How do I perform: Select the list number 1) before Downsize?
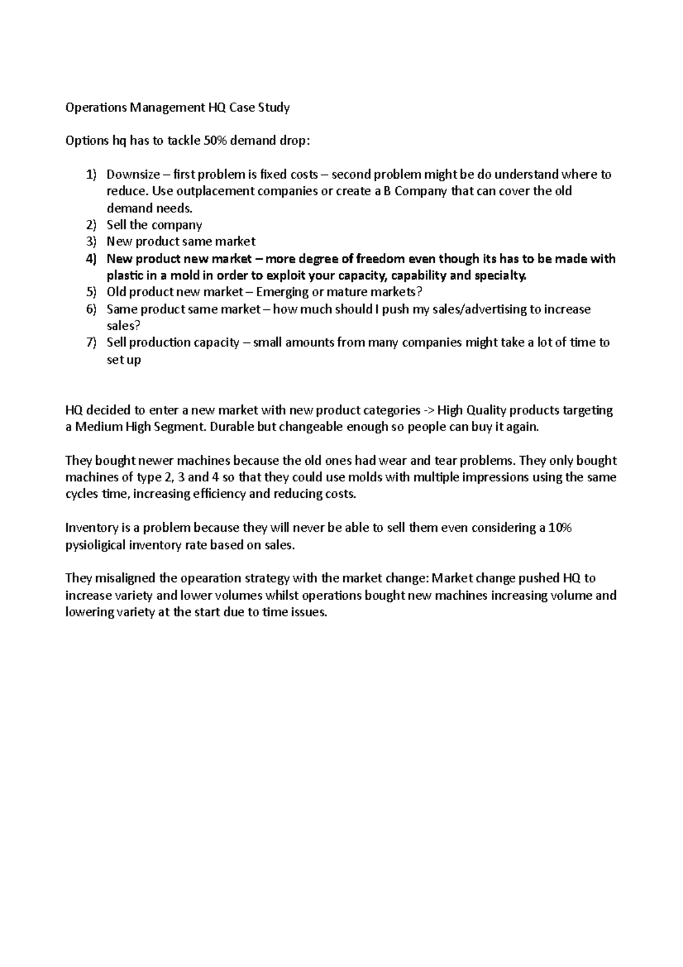click(x=92, y=175)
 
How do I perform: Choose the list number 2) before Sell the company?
click(x=92, y=225)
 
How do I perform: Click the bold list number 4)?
click(x=92, y=259)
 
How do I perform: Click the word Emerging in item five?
click(x=283, y=293)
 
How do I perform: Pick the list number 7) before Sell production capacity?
click(x=92, y=343)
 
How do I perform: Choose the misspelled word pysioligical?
click(x=96, y=545)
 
